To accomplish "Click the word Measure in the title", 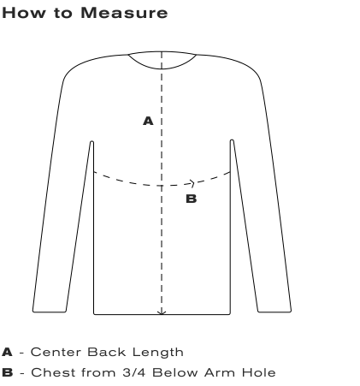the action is coord(124,13).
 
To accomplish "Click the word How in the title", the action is coord(24,13).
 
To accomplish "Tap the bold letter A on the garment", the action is coord(148,121).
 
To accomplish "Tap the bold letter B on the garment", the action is coord(191,199).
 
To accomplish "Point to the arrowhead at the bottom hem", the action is coord(162,313).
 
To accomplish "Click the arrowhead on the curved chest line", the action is coord(192,183).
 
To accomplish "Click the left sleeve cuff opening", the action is coord(50,312).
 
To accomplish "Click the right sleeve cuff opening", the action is coord(274,312).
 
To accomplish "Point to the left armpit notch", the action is coord(91,142).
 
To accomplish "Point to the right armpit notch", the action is coord(232,140).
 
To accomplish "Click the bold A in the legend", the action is coord(7,352).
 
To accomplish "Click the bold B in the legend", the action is coord(8,372).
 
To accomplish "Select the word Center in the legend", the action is coord(56,352).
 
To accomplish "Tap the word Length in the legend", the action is coord(158,353).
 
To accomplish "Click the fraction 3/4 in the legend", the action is coord(134,372).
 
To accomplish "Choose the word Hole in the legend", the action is coord(259,372).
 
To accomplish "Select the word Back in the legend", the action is coord(107,352).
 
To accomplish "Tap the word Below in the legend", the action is coord(174,372).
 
